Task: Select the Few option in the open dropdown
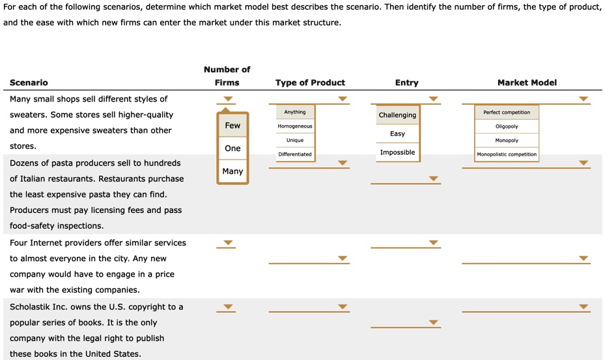point(232,126)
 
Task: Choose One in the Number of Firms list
point(232,148)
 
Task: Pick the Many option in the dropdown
point(232,171)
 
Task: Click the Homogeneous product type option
point(295,126)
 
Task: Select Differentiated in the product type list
point(295,154)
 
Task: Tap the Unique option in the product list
point(295,140)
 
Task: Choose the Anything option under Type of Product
point(295,112)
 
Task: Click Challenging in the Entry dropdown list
point(397,115)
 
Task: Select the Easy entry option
point(397,133)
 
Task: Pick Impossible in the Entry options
point(397,152)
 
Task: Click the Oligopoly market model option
point(507,126)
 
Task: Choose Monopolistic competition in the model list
point(507,154)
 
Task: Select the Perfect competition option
point(507,112)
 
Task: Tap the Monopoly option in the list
point(507,141)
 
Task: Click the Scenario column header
point(29,83)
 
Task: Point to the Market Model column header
point(527,83)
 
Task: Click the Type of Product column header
point(310,83)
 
